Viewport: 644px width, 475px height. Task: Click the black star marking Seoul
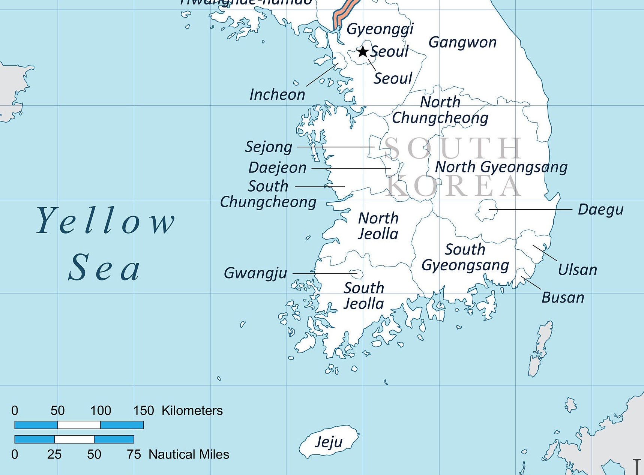(x=362, y=51)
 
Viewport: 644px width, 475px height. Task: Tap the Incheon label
(x=277, y=94)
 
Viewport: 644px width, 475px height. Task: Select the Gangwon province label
(x=462, y=42)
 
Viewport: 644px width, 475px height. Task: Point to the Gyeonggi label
(x=380, y=29)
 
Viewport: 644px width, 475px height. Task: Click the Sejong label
(x=269, y=147)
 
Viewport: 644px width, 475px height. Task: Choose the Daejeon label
(x=277, y=168)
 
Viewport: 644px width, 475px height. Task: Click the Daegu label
(x=600, y=210)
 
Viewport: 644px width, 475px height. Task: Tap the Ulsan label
(x=577, y=270)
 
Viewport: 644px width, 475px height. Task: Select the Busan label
(x=563, y=298)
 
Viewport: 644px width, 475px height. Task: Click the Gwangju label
(x=255, y=273)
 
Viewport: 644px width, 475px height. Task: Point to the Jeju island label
(x=329, y=442)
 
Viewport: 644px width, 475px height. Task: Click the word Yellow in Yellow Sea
(x=105, y=221)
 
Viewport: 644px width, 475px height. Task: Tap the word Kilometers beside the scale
(x=192, y=411)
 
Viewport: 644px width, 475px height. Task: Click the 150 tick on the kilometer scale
(x=144, y=411)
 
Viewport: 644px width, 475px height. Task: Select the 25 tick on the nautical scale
(x=54, y=454)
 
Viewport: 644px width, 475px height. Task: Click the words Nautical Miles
(x=189, y=454)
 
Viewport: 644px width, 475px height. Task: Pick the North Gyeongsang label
(x=501, y=167)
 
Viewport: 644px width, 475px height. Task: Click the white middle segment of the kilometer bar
(x=79, y=425)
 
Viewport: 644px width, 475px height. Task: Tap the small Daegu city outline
(x=486, y=210)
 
